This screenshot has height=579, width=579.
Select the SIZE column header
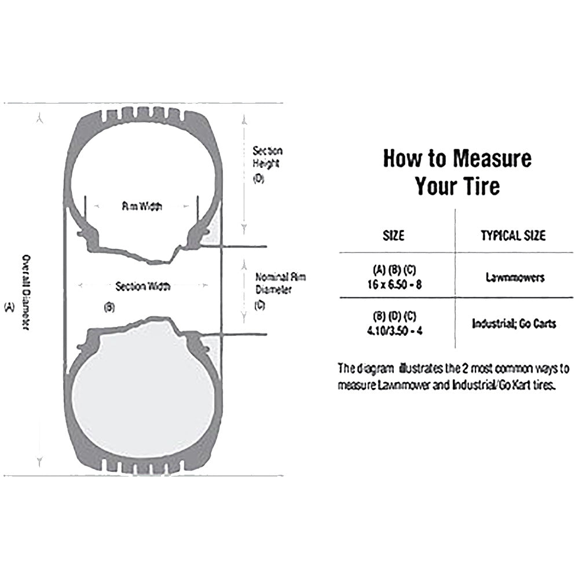(x=394, y=236)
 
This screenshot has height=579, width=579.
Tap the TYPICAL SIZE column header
(x=513, y=236)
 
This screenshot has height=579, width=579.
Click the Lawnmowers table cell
(x=515, y=277)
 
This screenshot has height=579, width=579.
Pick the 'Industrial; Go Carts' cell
(x=514, y=323)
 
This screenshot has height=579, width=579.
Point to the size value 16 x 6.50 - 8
(x=394, y=283)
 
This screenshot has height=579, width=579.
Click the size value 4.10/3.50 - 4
(x=394, y=329)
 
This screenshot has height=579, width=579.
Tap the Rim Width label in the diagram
(x=141, y=206)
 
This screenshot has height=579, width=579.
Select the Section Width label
(x=143, y=286)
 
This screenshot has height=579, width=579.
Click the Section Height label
(x=267, y=157)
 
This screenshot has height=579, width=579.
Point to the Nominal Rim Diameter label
(x=280, y=284)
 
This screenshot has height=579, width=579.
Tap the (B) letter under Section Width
(x=109, y=307)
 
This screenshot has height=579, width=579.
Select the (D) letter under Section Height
(x=258, y=179)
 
